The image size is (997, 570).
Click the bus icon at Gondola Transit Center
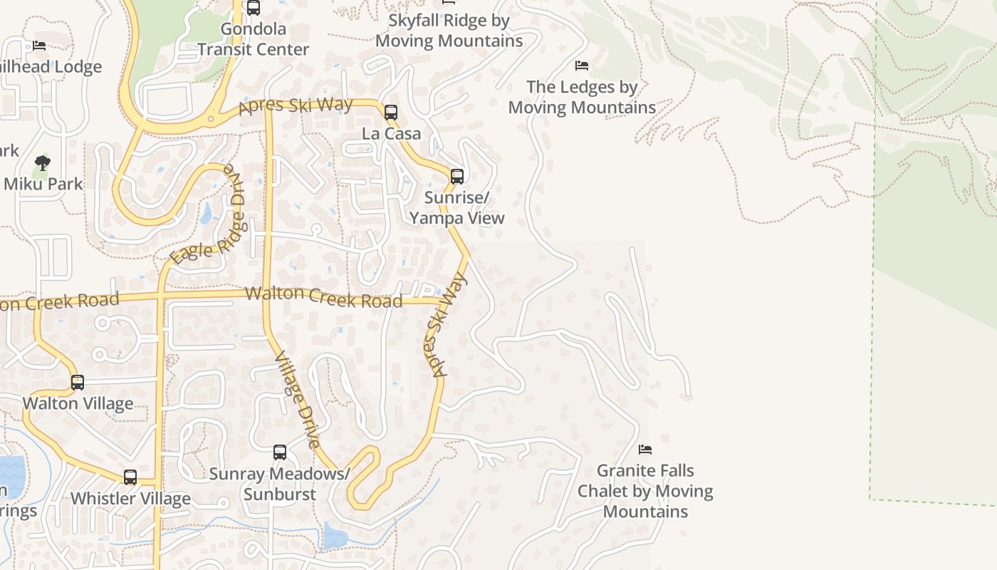pos(253,8)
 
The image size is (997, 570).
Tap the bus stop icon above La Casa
pos(390,112)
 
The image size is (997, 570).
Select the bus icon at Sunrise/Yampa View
pos(457,176)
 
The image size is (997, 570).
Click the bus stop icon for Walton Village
pos(78,383)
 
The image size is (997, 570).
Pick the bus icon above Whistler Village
pos(130,477)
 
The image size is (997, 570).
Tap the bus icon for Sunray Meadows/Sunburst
pos(280,452)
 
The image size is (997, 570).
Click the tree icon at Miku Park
pos(43,163)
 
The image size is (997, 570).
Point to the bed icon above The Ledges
pos(582,66)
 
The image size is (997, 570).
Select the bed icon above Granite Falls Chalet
pos(645,450)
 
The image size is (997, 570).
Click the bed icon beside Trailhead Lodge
pos(39,46)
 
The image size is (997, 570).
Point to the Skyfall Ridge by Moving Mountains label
pos(449,31)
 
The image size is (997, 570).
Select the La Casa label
pos(391,133)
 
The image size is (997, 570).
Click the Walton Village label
pos(78,403)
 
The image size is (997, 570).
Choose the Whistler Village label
pos(130,498)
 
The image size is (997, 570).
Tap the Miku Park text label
pos(43,183)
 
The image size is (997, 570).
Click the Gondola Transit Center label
pos(253,39)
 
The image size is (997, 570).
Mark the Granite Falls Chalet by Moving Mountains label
pos(645,491)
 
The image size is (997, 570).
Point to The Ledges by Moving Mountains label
pos(582,97)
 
